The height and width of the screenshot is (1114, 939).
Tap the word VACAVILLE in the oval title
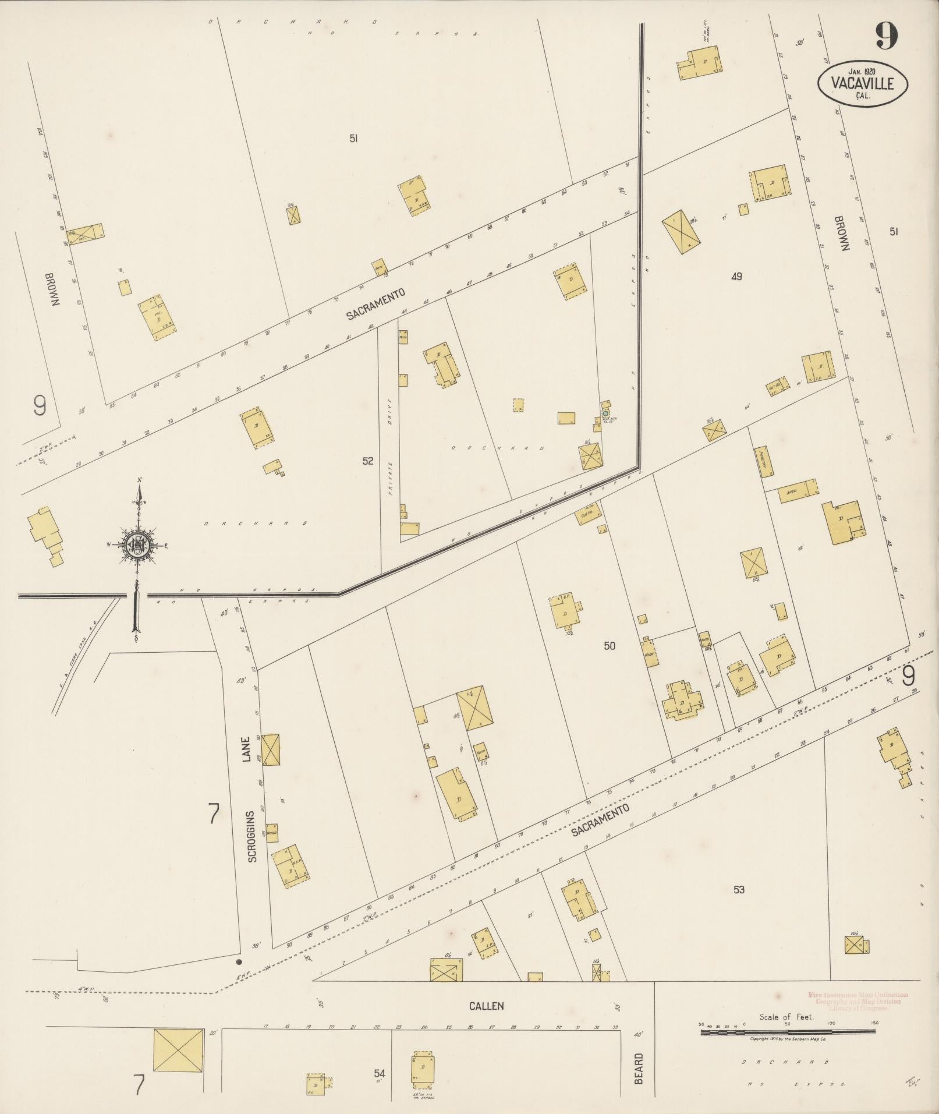pos(863,84)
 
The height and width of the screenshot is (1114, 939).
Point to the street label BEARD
pos(639,1068)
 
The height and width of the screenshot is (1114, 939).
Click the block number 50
pos(609,646)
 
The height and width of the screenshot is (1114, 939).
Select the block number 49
pos(736,277)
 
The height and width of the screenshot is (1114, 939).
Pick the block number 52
pos(367,461)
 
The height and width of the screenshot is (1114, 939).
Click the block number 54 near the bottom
pos(380,1073)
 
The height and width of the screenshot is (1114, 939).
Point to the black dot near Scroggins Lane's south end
pos(238,961)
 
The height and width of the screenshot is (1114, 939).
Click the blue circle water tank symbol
pos(605,413)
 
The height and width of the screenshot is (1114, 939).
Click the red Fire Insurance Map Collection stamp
pos(857,1002)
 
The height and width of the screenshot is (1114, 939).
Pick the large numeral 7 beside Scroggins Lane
pos(214,814)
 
